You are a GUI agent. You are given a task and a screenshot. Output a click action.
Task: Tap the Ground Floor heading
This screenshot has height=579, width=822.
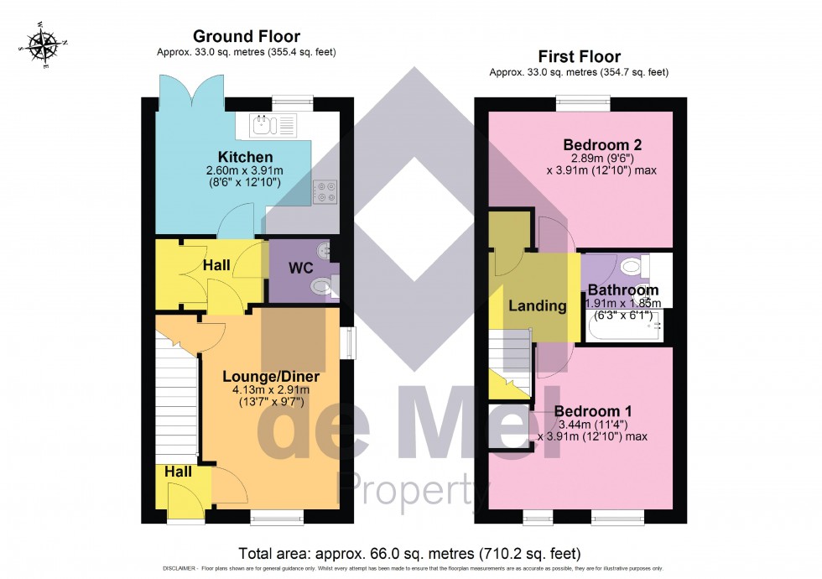coord(246,36)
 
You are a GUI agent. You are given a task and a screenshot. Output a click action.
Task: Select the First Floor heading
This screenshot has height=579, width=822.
coord(579,56)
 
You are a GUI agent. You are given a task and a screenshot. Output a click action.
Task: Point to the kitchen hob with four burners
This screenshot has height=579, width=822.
coord(325,192)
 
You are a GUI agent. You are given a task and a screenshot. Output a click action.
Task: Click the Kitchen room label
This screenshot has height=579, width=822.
coord(245,157)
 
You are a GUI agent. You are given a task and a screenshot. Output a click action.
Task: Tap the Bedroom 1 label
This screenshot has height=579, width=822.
coord(592,411)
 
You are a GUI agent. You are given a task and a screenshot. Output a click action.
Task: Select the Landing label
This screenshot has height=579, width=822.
coord(537,305)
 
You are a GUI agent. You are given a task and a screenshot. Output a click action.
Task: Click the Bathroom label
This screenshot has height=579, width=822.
coord(622,290)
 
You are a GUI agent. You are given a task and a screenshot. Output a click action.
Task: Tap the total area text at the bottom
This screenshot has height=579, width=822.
coord(409,553)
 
